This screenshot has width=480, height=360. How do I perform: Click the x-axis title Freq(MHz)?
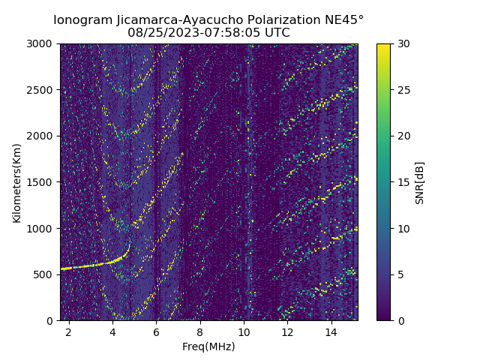[208, 346]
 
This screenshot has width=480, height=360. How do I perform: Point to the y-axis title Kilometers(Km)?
[17, 182]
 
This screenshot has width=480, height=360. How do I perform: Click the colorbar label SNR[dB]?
[420, 182]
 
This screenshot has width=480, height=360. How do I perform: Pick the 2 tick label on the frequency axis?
[69, 331]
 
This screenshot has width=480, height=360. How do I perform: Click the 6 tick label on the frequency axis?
[156, 331]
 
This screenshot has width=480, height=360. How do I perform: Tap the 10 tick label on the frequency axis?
[244, 331]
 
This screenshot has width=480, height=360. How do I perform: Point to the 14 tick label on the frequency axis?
[331, 331]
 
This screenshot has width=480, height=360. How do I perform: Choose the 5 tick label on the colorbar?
[399, 274]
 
